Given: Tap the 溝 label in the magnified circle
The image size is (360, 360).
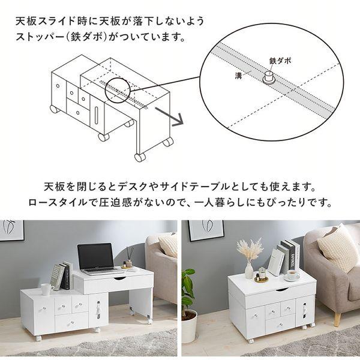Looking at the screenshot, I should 239,76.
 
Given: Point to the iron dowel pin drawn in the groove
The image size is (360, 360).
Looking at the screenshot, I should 268,76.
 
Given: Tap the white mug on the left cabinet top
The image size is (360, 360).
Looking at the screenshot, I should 46,289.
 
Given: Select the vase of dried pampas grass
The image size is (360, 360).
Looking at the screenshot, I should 248,259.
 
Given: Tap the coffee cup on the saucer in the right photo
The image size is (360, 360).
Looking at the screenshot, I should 292,275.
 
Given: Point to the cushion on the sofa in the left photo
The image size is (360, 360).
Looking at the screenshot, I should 168,245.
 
